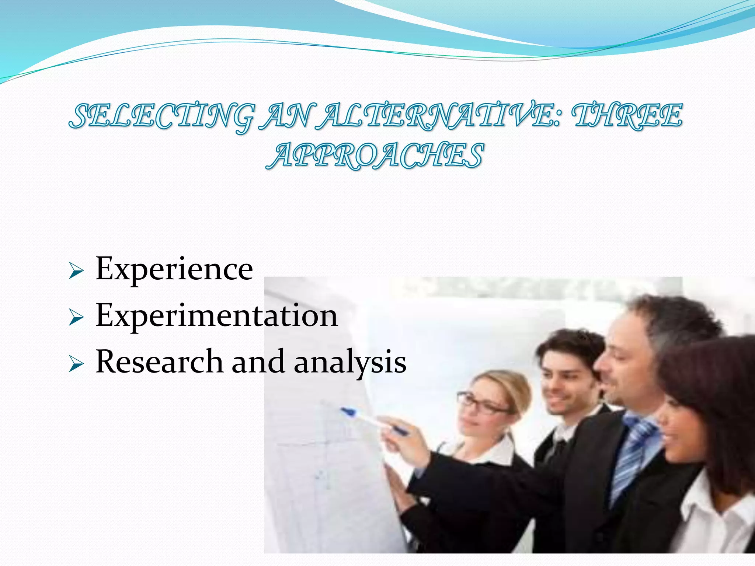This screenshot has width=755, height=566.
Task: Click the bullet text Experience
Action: click(174, 269)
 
